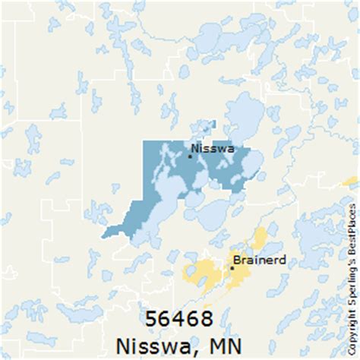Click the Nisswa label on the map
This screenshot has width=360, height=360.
point(214,148)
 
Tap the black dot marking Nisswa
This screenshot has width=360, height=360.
point(190,156)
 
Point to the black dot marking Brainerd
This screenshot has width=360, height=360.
point(232,267)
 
